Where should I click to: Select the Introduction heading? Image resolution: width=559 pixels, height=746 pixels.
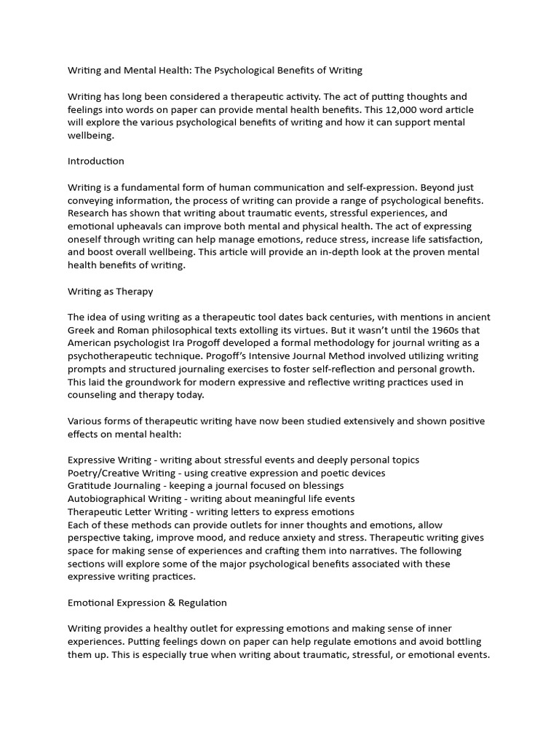pos(96,161)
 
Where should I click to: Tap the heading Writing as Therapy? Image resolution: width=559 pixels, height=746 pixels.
pos(111,291)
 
